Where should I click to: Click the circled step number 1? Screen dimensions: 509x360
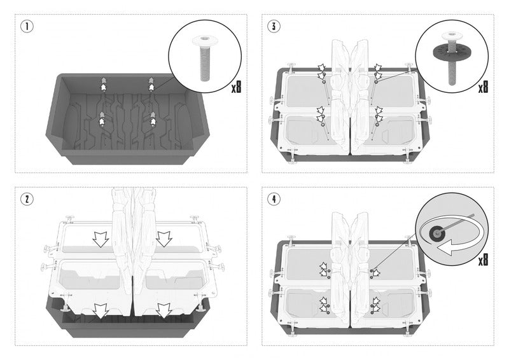pos(27,26)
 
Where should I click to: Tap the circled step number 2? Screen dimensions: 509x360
pos(27,199)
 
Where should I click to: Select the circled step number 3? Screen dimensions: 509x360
pos(274,26)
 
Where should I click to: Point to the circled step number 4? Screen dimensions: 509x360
pos(274,199)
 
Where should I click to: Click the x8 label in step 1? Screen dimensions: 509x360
pos(236,87)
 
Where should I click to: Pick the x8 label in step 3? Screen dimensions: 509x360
pos(483,87)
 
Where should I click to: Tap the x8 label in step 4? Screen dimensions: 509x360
pos(483,260)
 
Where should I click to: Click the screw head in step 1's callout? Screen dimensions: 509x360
pos(205,40)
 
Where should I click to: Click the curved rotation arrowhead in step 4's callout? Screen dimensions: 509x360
pos(448,249)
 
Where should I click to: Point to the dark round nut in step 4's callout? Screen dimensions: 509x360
pos(436,232)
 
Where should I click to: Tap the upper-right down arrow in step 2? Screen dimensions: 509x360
pos(164,239)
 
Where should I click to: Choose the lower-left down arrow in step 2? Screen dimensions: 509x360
pos(101,311)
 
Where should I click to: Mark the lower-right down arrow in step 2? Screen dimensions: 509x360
pos(164,311)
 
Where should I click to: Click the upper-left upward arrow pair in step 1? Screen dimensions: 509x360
pos(103,84)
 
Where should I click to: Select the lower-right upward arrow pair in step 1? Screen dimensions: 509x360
pos(153,119)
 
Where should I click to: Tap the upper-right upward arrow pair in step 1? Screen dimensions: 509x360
pos(151,84)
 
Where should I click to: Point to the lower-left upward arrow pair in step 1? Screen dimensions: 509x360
pos(102,119)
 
